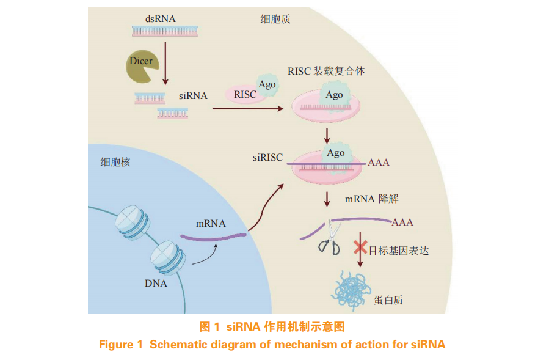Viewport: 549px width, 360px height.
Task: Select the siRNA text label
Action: pyautogui.click(x=193, y=96)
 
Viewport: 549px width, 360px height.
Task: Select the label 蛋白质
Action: pyautogui.click(x=388, y=300)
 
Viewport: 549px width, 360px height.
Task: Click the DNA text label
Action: pyautogui.click(x=156, y=283)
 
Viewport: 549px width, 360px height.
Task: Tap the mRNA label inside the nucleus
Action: pyautogui.click(x=211, y=223)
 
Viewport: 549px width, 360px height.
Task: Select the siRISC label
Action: pyautogui.click(x=268, y=157)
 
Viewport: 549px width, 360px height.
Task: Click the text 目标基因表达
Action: pyautogui.click(x=399, y=250)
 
